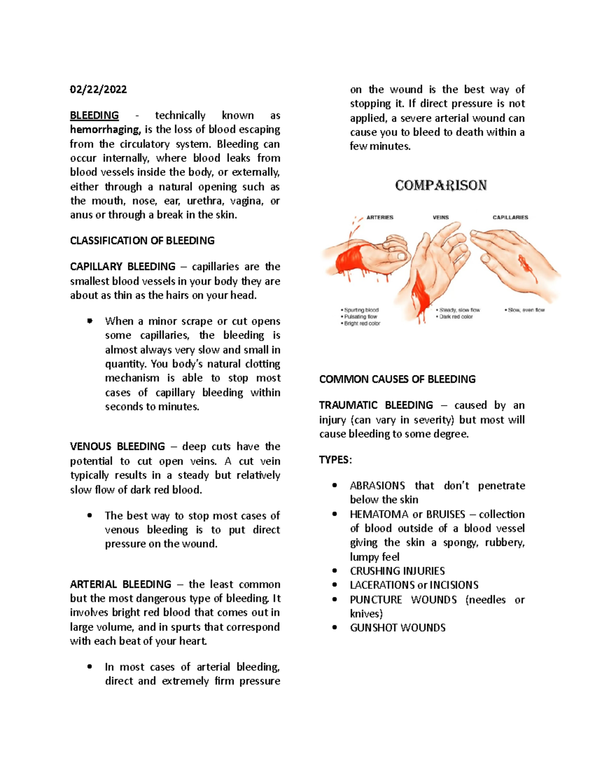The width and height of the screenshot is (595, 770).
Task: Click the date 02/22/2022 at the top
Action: [98, 89]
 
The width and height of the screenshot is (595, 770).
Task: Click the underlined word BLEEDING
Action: [94, 116]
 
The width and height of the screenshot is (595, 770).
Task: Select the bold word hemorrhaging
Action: [105, 130]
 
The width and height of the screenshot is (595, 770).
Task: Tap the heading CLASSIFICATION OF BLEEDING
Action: [142, 241]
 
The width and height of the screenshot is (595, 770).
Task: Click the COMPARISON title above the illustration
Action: [441, 185]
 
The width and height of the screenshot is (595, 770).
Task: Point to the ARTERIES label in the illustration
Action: [380, 217]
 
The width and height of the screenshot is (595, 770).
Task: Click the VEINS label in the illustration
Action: [440, 217]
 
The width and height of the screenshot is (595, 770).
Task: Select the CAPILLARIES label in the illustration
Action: [510, 217]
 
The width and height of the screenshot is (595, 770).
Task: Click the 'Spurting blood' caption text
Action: [361, 310]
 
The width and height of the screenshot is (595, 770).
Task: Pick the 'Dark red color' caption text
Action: [456, 317]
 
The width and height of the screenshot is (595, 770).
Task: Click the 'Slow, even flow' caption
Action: [526, 310]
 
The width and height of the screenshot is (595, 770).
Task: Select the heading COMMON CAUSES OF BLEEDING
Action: [397, 379]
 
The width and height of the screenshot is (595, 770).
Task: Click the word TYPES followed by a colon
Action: [335, 460]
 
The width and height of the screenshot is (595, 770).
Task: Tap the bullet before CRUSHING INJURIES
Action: [335, 571]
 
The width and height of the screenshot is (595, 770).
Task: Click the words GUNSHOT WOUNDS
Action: [398, 628]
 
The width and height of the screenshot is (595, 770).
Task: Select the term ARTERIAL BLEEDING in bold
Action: [120, 584]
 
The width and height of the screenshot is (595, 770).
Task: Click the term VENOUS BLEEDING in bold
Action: [118, 446]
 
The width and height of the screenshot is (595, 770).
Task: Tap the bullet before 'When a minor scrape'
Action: [90, 321]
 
